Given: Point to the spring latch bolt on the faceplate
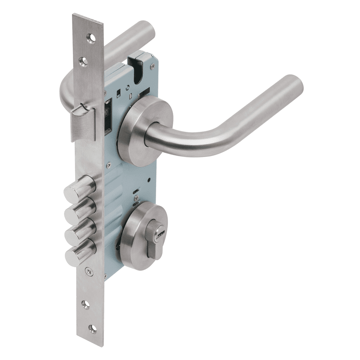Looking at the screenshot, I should coord(83,119).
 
